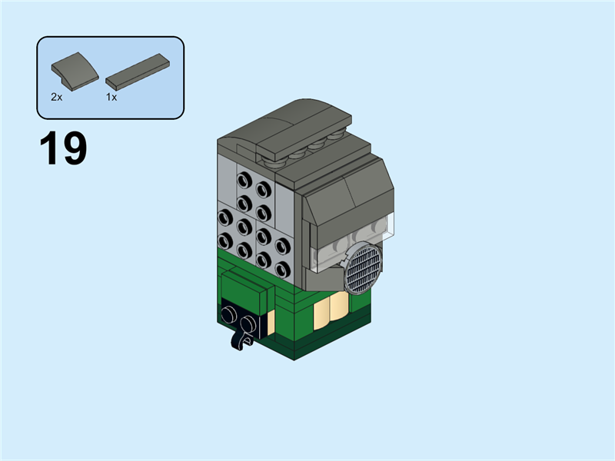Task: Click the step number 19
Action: click(x=63, y=149)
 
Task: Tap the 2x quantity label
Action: click(x=56, y=98)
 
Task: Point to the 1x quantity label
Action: click(x=111, y=98)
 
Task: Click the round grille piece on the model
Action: click(x=364, y=267)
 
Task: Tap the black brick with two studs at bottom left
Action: click(x=242, y=317)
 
